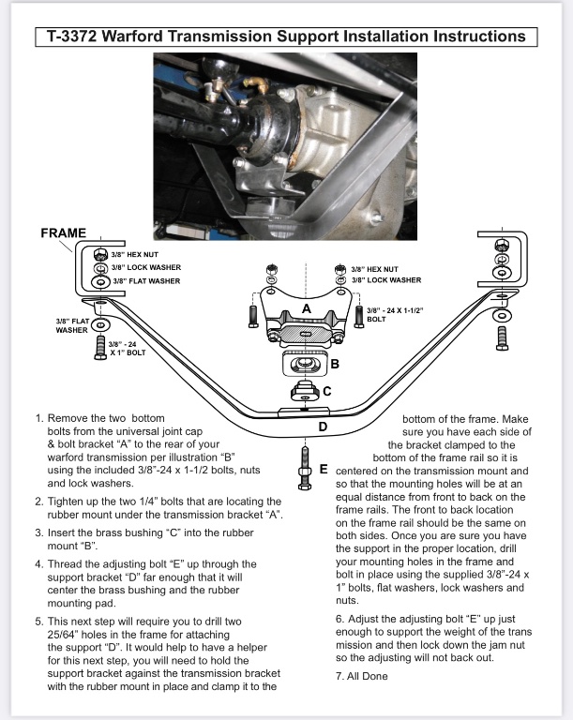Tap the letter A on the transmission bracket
click(x=305, y=307)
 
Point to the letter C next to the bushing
click(x=326, y=391)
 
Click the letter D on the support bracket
click(x=323, y=427)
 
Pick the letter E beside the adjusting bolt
click(x=323, y=468)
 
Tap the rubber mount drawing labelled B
click(x=303, y=365)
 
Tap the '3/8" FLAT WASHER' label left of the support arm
click(x=72, y=325)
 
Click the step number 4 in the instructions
click(x=38, y=564)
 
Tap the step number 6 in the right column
click(x=339, y=620)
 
